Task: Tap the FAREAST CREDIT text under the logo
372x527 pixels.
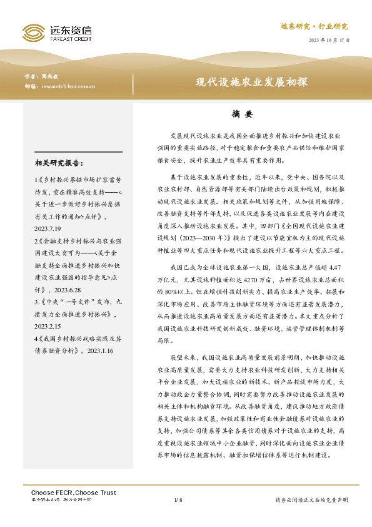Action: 70,38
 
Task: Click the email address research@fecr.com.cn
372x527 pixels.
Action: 68,86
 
